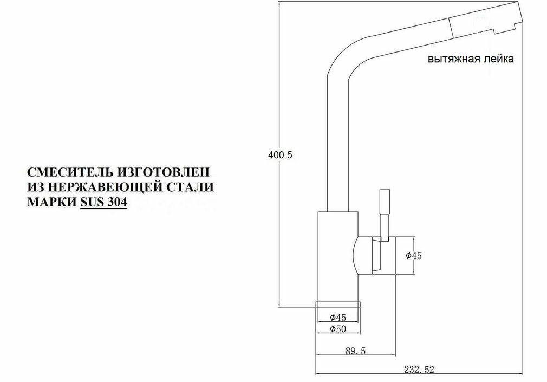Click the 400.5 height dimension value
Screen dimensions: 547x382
coord(281,154)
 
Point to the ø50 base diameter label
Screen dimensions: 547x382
coord(337,328)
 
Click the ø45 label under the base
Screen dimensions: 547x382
coord(337,317)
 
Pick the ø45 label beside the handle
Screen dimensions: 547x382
coord(414,256)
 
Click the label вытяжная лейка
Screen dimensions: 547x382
coord(471,59)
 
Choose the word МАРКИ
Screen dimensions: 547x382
coord(51,203)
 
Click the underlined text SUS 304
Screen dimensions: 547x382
coord(103,203)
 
